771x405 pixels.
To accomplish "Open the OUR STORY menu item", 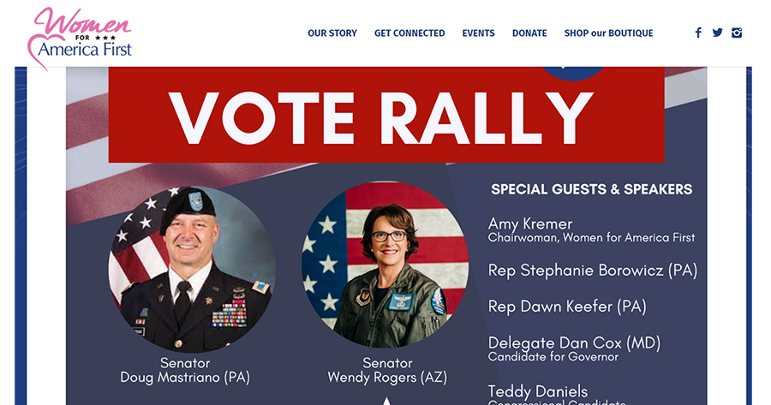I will tap(332, 33).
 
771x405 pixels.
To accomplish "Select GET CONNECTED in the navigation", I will tap(409, 33).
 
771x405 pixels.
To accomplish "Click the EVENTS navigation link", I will tap(478, 33).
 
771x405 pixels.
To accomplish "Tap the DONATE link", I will tap(529, 33).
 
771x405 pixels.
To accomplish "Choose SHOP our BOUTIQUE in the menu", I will tap(608, 33).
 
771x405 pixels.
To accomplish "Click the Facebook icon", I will tap(698, 33).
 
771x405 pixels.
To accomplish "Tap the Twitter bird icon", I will tap(717, 33).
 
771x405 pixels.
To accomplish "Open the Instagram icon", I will tap(737, 33).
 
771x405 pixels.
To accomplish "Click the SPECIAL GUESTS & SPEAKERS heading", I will tap(591, 189).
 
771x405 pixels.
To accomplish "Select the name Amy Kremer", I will tap(530, 223).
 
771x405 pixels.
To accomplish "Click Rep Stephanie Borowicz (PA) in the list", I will tap(592, 271).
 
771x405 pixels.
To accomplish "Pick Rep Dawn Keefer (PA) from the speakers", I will tap(567, 307).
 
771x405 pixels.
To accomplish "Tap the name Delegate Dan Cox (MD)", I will tap(574, 342).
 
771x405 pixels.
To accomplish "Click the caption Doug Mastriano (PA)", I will tap(185, 378).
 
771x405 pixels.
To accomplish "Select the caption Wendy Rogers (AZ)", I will tap(387, 378).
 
